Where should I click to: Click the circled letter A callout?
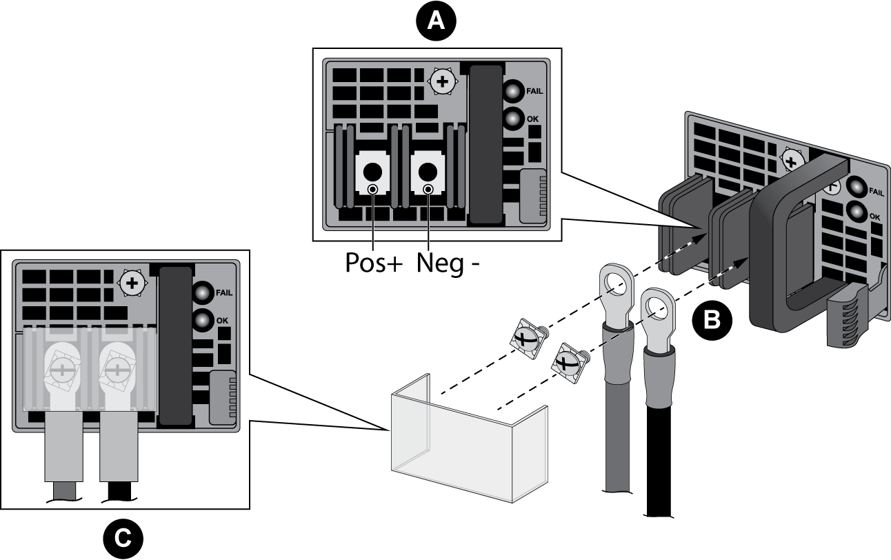[436, 22]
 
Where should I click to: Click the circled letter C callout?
[123, 538]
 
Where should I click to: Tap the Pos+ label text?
[374, 263]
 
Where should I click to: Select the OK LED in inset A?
[512, 119]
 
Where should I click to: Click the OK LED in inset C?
[202, 321]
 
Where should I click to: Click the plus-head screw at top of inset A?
[441, 82]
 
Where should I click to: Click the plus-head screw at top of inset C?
[131, 283]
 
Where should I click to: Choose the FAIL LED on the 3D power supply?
[857, 188]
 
